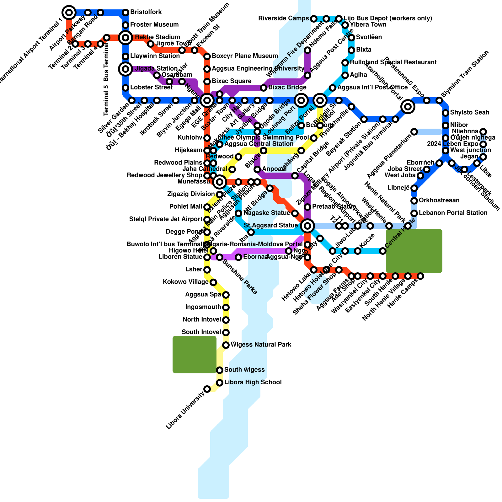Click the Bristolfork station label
pyautogui.click(x=146, y=12)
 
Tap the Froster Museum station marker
pyautogui.click(x=125, y=25)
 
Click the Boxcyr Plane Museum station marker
pyautogui.click(x=207, y=56)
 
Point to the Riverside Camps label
pyautogui.click(x=283, y=19)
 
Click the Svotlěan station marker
pyautogui.click(x=351, y=38)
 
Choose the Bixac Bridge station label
pyautogui.click(x=287, y=88)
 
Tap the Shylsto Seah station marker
pyautogui.click(x=446, y=113)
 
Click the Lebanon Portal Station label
pyautogui.click(x=453, y=213)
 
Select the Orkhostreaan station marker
pyautogui.click(x=414, y=201)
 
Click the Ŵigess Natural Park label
pyautogui.click(x=261, y=345)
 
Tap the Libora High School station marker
pyautogui.click(x=220, y=383)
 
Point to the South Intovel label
pyautogui.click(x=201, y=332)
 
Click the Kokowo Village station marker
pyautogui.click(x=213, y=282)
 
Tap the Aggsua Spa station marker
pyautogui.click(x=226, y=295)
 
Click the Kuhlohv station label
pyautogui.click(x=190, y=138)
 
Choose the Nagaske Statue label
pyautogui.click(x=267, y=213)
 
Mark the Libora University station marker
pyautogui.click(x=207, y=389)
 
